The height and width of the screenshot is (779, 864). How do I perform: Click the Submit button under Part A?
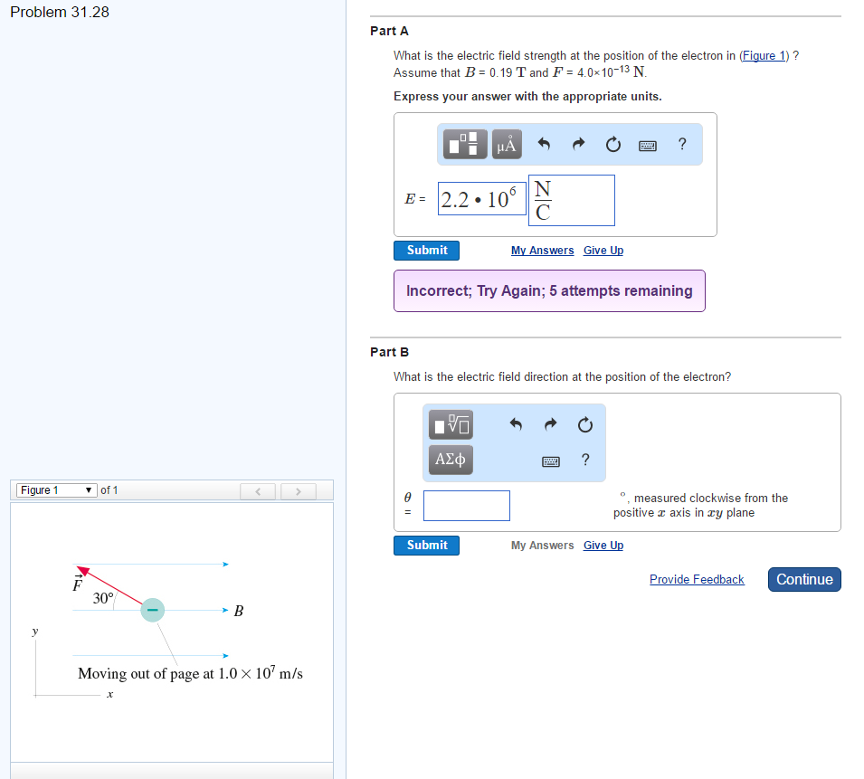(426, 250)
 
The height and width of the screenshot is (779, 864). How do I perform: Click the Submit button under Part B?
(426, 546)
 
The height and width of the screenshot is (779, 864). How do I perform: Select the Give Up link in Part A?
(603, 251)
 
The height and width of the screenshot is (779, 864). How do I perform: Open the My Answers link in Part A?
(542, 251)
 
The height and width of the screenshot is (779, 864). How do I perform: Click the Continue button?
(804, 580)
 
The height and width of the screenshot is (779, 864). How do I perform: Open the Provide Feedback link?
(697, 580)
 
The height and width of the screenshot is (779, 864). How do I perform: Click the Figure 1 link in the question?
(764, 56)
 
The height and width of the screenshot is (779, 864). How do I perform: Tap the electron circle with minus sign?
(153, 610)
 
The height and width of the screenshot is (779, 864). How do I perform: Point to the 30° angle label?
(103, 598)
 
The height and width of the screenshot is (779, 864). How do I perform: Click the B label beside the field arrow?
(239, 611)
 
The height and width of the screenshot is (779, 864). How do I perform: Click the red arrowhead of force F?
(82, 570)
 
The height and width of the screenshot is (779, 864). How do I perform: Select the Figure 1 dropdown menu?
(57, 490)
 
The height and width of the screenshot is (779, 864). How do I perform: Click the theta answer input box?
(467, 506)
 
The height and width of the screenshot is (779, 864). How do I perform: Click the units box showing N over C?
(572, 201)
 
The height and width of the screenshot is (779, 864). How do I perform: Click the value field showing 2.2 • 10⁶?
(482, 199)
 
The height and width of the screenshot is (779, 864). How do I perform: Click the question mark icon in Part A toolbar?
(682, 145)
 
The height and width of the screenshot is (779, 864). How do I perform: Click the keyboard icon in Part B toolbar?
(550, 461)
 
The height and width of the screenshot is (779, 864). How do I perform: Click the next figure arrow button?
(298, 491)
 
